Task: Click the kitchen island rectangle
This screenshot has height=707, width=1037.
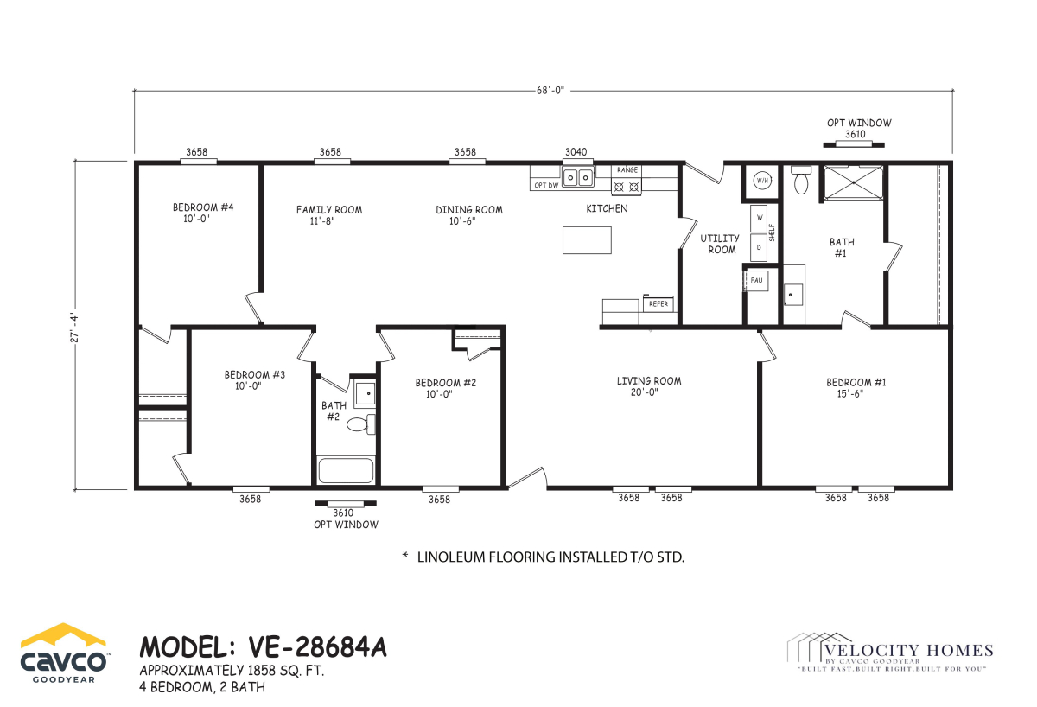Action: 587,239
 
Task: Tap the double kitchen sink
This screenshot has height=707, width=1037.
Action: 578,177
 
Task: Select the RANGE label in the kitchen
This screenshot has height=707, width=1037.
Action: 627,170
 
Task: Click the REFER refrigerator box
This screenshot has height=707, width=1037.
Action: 658,303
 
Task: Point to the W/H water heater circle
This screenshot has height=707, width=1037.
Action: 762,181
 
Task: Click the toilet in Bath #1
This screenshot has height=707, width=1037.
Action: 801,180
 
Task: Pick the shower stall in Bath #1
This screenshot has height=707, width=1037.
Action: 854,183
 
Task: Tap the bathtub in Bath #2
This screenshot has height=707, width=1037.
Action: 346,470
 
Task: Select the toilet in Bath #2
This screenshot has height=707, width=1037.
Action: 360,424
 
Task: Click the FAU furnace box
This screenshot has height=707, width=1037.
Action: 756,280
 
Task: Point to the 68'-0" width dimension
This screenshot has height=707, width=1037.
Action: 550,90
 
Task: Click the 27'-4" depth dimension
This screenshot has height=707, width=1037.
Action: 74,328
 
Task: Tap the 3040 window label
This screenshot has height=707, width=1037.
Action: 576,152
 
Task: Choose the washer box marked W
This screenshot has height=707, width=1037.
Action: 759,218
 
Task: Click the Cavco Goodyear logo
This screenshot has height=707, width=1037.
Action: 63,653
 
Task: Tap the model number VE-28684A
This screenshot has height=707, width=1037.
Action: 318,646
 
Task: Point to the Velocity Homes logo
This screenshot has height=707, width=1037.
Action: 890,652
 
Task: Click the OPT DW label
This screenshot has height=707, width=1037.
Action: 546,185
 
